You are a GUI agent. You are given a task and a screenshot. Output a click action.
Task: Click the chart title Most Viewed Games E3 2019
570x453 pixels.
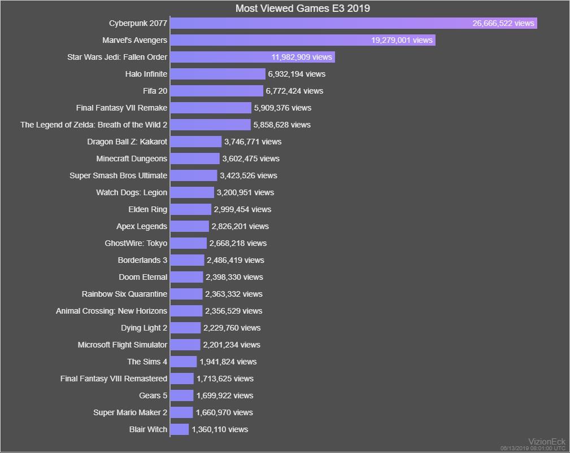[x=302, y=8]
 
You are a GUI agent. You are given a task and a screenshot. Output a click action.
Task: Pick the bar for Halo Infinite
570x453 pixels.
[x=217, y=74]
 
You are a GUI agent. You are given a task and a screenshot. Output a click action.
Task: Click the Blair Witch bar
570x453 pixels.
[x=180, y=429]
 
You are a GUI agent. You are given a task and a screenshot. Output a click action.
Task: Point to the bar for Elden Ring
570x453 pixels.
[x=191, y=209]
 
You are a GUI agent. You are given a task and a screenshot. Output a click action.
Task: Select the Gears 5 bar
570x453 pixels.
[x=182, y=395]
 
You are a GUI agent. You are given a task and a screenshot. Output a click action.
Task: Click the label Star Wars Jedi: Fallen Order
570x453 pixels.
[x=117, y=57]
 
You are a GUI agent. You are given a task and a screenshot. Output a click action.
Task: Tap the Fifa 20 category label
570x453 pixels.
[x=155, y=91]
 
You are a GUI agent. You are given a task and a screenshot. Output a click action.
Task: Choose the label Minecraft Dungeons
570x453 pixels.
[x=132, y=159]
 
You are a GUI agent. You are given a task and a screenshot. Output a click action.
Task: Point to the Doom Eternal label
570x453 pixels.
[x=143, y=277]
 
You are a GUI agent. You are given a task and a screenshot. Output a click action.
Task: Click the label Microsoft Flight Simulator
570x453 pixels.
[x=123, y=345]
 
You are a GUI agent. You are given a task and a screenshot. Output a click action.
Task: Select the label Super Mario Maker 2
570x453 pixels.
[x=130, y=412]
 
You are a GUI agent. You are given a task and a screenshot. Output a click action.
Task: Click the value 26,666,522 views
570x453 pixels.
[x=503, y=23]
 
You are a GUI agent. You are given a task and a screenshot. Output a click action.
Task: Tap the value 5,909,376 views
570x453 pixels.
[x=282, y=108]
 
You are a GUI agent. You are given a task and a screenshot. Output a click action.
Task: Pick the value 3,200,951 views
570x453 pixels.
[x=245, y=192]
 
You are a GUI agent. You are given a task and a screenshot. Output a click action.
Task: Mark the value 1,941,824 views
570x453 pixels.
[x=228, y=362]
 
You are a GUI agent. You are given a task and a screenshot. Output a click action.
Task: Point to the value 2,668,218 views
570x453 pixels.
[x=238, y=243]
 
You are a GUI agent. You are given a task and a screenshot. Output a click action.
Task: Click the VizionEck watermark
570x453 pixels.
[x=546, y=441]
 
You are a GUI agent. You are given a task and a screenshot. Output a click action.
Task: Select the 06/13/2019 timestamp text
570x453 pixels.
[x=533, y=448]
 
